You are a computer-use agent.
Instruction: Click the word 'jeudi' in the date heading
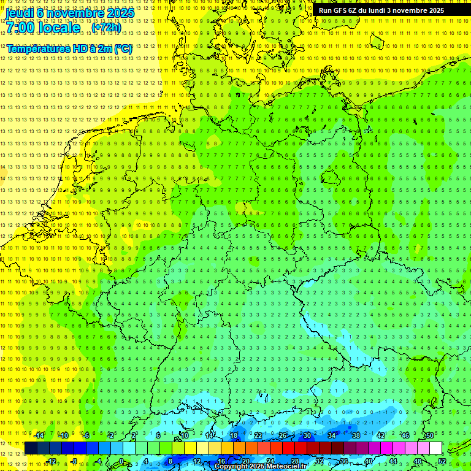pyautogui.click(x=19, y=12)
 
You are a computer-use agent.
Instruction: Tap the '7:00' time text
pyautogui.click(x=20, y=28)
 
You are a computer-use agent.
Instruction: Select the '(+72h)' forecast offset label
pyautogui.click(x=106, y=28)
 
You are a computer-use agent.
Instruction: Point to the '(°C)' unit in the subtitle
pyautogui.click(x=122, y=48)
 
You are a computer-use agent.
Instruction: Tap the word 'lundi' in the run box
pyautogui.click(x=381, y=10)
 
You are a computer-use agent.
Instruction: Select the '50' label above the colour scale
pyautogui.click(x=429, y=435)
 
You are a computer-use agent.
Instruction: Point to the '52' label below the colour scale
pyautogui.click(x=442, y=461)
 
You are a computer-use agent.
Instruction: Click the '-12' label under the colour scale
pyautogui.click(x=51, y=461)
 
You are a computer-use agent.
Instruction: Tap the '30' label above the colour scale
pyautogui.click(x=307, y=435)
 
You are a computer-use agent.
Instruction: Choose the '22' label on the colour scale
pyautogui.click(x=258, y=435)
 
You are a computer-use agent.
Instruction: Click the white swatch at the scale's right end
pyautogui.click(x=435, y=448)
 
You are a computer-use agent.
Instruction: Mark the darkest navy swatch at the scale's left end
pyautogui.click(x=31, y=448)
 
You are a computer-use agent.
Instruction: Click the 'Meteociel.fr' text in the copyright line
pyautogui.click(x=286, y=467)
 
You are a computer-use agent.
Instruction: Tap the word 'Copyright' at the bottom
pyautogui.click(x=231, y=467)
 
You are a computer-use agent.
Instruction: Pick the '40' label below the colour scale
pyautogui.click(x=368, y=461)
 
